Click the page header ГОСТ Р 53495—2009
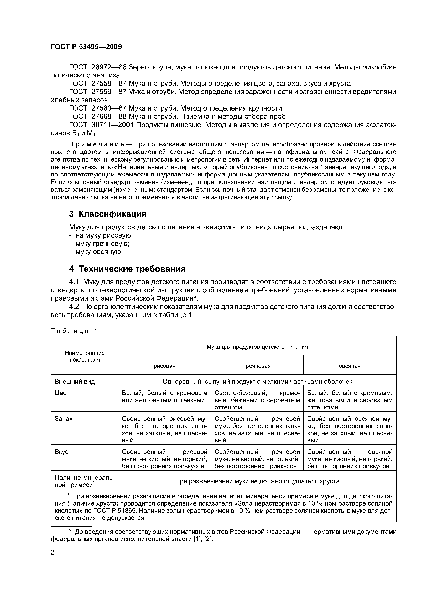pyautogui.click(x=86, y=47)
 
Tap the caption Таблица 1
pyautogui.click(x=74, y=331)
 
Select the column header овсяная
pyautogui.click(x=350, y=366)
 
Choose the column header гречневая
pyautogui.click(x=257, y=366)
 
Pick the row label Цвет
pyautogui.click(x=62, y=393)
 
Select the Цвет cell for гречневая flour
pyautogui.click(x=257, y=400)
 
